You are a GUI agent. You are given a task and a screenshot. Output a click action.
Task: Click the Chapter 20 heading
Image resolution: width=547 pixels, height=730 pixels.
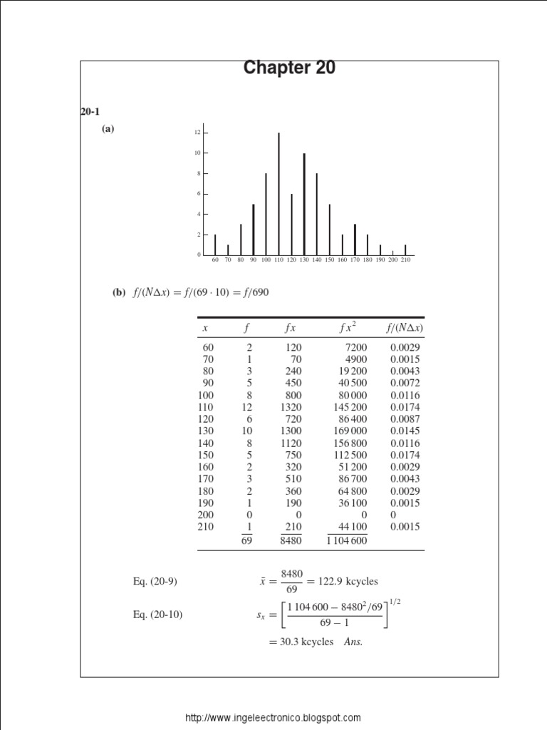[289, 68]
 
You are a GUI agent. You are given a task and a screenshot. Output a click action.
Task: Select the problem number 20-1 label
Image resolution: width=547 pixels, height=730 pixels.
[88, 111]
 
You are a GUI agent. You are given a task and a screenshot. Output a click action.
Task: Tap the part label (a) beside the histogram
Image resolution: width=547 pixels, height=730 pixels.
[108, 130]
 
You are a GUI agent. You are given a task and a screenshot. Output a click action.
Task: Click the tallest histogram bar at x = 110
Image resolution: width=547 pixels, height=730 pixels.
[278, 193]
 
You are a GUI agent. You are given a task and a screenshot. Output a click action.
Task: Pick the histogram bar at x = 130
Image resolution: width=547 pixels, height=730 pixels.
[304, 204]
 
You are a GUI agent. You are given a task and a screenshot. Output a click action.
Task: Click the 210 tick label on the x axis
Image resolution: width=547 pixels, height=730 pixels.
[406, 260]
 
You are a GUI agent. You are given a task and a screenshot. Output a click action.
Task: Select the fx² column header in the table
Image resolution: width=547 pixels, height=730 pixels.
[348, 327]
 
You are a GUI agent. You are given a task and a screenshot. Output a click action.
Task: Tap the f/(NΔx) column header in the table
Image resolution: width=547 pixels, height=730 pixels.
[404, 327]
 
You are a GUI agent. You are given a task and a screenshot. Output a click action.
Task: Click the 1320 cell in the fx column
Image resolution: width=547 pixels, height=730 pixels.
[291, 406]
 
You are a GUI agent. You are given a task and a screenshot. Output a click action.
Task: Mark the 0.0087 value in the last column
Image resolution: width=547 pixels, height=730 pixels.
[405, 418]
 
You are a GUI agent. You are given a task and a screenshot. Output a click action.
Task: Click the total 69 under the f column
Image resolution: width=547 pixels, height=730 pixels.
[246, 540]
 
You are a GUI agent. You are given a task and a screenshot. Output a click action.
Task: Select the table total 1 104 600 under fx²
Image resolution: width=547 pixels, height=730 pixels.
[347, 540]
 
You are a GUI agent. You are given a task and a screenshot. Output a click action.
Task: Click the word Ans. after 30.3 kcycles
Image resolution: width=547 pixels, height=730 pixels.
[353, 642]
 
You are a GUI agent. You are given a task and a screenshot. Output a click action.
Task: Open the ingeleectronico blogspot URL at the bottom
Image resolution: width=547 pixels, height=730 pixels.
[273, 718]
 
